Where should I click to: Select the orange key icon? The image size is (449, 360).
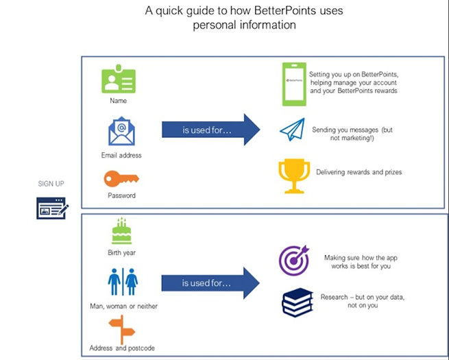[121, 178]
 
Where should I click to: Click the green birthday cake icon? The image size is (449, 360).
[121, 231]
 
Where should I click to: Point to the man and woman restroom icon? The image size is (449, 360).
[123, 281]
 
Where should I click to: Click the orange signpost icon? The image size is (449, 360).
[121, 329]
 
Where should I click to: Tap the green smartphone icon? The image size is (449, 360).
[293, 84]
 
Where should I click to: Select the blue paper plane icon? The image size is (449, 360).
[291, 130]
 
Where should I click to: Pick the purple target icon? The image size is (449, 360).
[294, 261]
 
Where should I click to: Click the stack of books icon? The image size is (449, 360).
[297, 302]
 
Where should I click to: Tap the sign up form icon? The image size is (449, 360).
[52, 208]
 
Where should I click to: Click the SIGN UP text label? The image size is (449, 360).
[52, 184]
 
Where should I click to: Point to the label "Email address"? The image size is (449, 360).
[121, 156]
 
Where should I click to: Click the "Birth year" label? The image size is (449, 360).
[121, 253]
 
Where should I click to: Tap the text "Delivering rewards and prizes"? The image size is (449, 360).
[359, 172]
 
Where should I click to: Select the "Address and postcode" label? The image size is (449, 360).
[123, 348]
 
